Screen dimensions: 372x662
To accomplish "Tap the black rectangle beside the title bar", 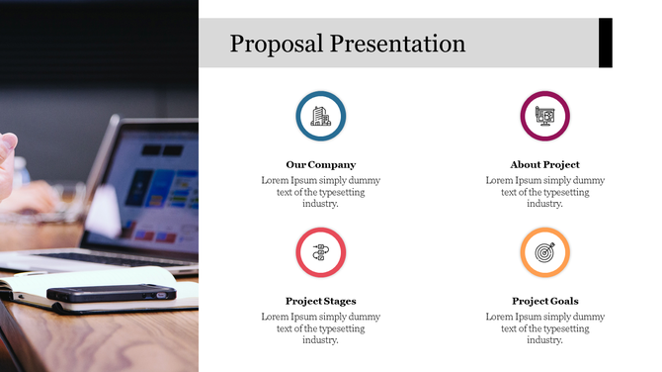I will click(606, 43).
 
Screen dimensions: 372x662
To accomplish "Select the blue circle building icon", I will click(320, 116).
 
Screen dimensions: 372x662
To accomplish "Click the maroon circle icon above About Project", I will click(544, 116).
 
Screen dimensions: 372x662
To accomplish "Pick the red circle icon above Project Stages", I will click(320, 252).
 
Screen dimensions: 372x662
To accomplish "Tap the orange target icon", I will click(544, 252).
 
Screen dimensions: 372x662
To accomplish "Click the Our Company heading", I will click(320, 164).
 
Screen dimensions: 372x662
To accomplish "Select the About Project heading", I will click(544, 164).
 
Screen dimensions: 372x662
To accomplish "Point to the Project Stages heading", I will click(320, 301).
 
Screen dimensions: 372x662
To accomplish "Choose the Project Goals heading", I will click(544, 301).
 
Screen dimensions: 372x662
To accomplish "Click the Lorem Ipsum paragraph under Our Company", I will click(320, 192).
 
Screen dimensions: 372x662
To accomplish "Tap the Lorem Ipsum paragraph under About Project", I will click(544, 192).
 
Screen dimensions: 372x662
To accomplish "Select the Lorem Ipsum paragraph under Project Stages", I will click(320, 328).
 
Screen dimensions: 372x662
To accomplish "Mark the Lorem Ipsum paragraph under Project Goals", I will click(544, 328).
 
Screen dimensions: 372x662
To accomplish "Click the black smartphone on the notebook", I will click(111, 293).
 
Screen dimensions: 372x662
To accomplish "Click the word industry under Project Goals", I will click(544, 340).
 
